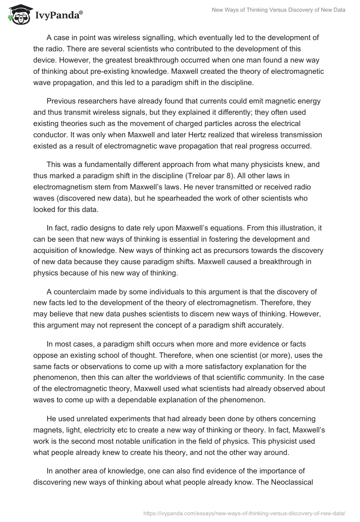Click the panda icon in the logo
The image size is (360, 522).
(17, 15)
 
